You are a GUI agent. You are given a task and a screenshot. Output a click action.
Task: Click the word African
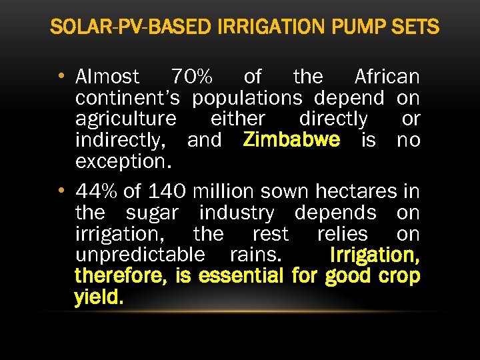387,77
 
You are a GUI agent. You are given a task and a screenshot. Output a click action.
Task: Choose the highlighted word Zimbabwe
292,140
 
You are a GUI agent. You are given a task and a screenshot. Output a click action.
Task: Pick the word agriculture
126,119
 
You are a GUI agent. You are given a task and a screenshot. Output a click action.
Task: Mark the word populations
247,98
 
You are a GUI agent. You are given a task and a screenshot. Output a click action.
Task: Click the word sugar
152,213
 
